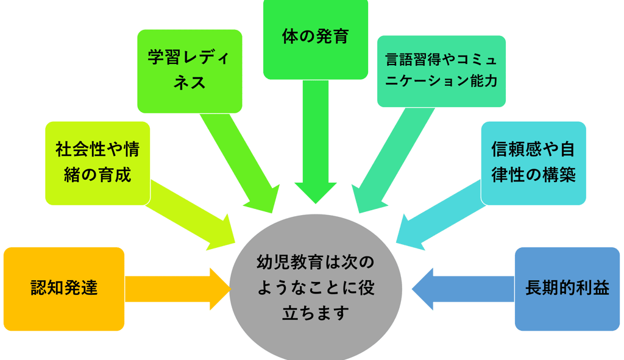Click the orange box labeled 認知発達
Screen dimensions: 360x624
[x=64, y=288]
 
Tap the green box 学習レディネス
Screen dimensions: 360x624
[x=190, y=71]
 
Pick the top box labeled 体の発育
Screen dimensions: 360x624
[x=315, y=38]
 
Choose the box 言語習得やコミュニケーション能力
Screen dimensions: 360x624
[x=441, y=71]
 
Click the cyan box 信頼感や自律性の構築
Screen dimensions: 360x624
[x=533, y=163]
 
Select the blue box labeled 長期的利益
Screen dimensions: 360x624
[x=567, y=288]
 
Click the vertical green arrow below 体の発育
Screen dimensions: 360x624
[x=315, y=140]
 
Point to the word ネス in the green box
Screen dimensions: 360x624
[x=190, y=83]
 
